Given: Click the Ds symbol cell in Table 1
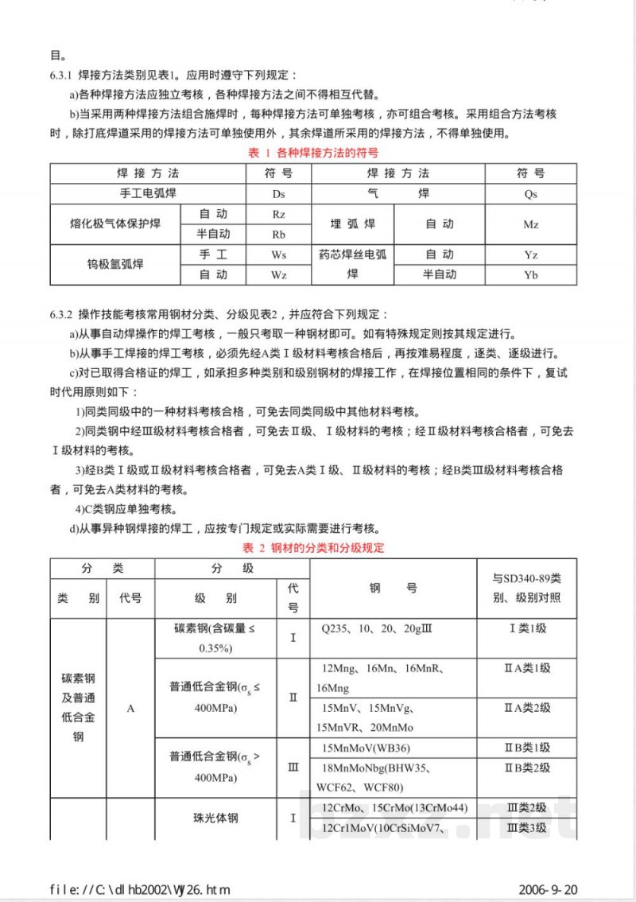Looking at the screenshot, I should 278,193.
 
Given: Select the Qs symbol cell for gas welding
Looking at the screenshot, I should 530,193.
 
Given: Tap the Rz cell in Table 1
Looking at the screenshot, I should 278,214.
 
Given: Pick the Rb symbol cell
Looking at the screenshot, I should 278,235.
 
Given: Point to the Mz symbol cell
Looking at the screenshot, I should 530,224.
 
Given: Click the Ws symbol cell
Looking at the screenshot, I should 278,255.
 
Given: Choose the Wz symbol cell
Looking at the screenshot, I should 278,275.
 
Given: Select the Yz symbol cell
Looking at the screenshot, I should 530,255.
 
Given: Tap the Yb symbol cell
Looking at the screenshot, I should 530,275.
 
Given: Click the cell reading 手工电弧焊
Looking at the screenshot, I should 149,193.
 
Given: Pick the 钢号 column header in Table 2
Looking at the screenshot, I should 393,589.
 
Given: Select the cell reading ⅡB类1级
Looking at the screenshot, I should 526,748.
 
